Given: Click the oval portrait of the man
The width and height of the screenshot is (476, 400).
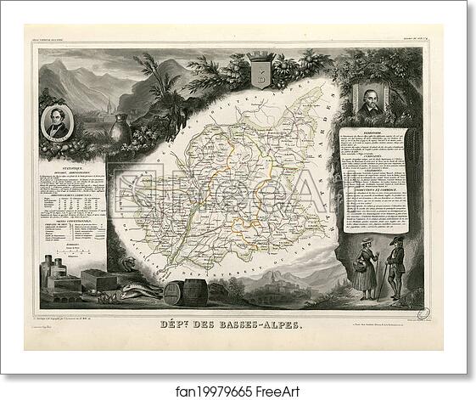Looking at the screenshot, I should click(x=58, y=126).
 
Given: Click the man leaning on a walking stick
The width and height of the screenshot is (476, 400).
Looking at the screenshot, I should click(x=395, y=267).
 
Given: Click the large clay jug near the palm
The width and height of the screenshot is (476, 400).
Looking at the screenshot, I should click(x=120, y=127).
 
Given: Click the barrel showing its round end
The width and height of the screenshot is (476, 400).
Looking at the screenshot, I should click(x=172, y=294).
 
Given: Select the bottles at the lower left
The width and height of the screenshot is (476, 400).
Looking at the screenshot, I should click(x=53, y=272).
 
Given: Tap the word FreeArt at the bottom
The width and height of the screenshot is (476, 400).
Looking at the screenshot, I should click(x=271, y=384).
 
